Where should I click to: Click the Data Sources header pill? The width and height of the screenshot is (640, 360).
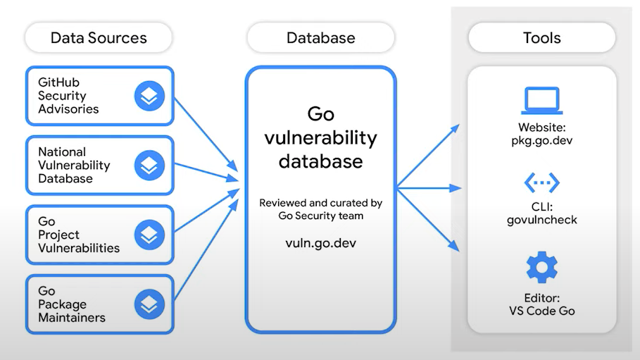click(x=99, y=37)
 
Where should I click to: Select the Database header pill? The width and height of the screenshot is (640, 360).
click(x=320, y=37)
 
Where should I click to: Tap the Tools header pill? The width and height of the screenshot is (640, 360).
click(x=541, y=37)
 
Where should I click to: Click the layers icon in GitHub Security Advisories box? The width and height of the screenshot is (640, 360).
click(x=149, y=97)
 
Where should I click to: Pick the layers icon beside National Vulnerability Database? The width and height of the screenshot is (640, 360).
click(x=149, y=166)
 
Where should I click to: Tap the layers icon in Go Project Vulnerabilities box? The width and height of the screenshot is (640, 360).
click(x=149, y=235)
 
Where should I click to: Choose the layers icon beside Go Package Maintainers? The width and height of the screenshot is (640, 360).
click(x=149, y=304)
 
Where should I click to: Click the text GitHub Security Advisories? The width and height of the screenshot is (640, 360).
click(x=68, y=97)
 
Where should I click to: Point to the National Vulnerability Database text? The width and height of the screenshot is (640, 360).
click(x=74, y=166)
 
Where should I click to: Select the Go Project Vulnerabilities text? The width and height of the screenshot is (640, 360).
click(x=78, y=235)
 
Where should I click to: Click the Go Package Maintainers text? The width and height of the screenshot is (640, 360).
click(x=71, y=304)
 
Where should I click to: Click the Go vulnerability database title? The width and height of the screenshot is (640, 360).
click(x=320, y=138)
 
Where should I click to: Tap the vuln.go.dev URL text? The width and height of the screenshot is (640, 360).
click(x=320, y=241)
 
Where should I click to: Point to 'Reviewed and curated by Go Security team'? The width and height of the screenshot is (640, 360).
click(x=320, y=209)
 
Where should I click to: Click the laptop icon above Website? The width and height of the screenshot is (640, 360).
click(x=541, y=101)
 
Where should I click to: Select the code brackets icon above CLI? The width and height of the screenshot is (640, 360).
click(x=541, y=182)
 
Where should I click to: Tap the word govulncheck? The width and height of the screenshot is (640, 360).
click(x=541, y=220)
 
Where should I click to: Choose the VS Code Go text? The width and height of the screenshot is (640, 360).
click(x=541, y=311)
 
